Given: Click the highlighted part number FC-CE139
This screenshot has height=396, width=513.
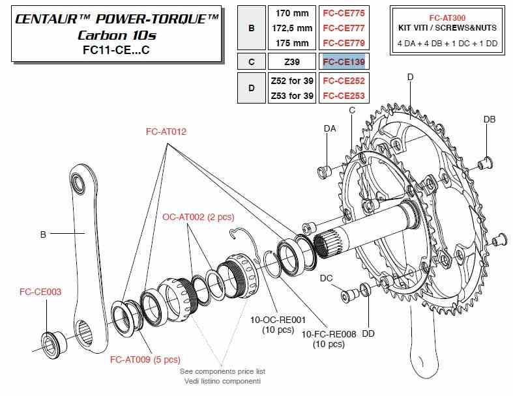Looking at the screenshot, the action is click(x=344, y=62).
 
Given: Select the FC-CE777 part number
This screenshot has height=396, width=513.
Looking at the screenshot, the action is click(x=344, y=28).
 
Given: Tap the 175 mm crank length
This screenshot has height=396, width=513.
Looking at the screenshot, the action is click(x=292, y=43).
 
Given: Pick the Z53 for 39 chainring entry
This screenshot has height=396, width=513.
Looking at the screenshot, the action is click(x=292, y=96).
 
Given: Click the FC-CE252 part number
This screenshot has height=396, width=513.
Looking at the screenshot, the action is click(x=344, y=81).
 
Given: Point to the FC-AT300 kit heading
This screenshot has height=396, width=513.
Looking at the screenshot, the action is click(x=447, y=18).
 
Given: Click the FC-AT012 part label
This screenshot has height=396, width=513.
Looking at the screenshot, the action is click(x=166, y=132).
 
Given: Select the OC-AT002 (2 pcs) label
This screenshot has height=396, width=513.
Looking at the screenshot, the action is click(x=198, y=217).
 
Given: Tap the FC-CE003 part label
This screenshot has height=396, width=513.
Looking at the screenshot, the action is click(x=40, y=292).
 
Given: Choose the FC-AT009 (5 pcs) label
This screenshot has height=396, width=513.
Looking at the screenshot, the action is click(x=145, y=360).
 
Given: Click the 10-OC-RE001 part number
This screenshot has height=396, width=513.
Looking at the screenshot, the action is click(x=278, y=320).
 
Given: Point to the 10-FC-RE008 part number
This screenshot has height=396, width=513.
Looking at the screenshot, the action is click(x=329, y=334).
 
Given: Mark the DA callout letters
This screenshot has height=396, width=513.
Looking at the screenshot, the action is click(x=330, y=128).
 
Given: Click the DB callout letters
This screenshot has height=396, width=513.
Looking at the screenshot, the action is click(x=490, y=119).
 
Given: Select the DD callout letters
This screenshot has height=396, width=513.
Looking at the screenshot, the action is click(x=368, y=334).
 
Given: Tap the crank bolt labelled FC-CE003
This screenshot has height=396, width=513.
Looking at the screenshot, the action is click(x=53, y=343).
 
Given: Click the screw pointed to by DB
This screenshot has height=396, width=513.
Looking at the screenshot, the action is click(x=486, y=163).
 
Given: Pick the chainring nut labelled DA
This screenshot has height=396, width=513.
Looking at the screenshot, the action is click(x=325, y=172).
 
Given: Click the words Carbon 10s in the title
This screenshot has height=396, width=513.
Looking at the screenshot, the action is click(x=117, y=35).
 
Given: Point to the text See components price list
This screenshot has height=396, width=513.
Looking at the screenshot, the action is click(x=222, y=371).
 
